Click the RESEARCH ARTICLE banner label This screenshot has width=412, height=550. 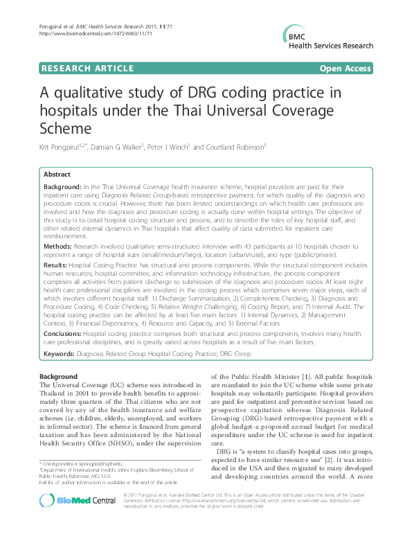pos(87,68)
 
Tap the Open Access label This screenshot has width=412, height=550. pos(346,68)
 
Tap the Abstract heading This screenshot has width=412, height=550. pos(57,175)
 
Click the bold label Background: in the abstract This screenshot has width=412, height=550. pos(62,188)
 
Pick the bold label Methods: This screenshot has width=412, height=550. pos(57,245)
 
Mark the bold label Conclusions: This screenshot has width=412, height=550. pos(62,333)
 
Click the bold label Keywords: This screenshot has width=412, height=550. pos(60,353)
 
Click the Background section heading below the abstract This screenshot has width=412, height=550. pos(58,376)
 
